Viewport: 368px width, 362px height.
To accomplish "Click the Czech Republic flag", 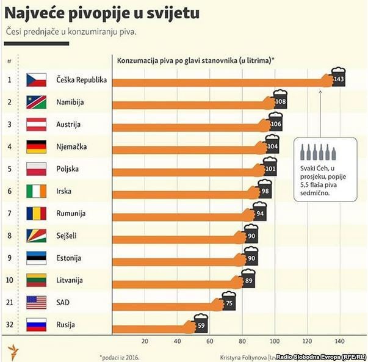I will coord(37,80).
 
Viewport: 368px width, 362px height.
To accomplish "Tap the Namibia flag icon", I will coord(37,102).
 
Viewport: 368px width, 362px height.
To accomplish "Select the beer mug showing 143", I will coord(337,79).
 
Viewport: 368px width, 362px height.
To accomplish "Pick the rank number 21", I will coord(9,303).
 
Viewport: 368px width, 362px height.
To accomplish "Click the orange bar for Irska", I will coord(183,191).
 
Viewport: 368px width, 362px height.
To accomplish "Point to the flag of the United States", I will coord(37,303).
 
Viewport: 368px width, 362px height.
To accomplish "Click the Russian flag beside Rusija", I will coord(37,325).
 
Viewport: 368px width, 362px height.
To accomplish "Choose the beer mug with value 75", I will coord(229,302).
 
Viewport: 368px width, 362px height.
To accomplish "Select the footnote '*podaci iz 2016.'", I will coord(122,356).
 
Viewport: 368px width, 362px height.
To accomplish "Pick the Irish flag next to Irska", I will coord(37,191).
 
